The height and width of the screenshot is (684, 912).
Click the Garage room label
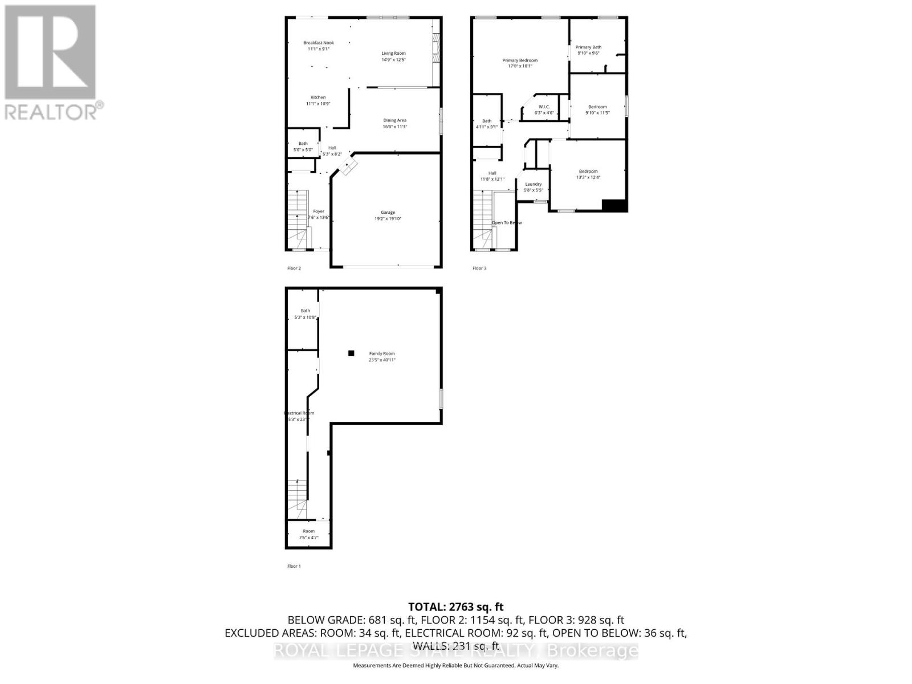click(388, 213)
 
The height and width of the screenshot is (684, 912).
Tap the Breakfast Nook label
click(319, 43)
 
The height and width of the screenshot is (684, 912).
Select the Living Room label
click(393, 54)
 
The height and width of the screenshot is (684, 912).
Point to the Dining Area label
click(394, 120)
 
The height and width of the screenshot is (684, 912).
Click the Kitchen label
click(318, 97)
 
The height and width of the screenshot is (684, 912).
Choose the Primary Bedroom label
click(520, 60)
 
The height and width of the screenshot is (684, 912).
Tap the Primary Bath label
click(588, 47)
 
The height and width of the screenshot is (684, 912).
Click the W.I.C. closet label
click(544, 107)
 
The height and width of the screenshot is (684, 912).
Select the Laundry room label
click(534, 184)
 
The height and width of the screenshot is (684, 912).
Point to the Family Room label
click(381, 353)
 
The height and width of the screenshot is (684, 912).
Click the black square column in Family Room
click(352, 353)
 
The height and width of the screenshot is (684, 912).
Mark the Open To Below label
click(507, 222)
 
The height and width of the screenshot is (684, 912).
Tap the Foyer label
click(319, 211)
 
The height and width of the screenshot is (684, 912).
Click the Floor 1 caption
click(294, 566)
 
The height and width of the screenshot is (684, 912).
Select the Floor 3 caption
click(479, 268)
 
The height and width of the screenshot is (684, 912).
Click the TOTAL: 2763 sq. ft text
click(455, 607)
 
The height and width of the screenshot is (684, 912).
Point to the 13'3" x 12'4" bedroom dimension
click(588, 177)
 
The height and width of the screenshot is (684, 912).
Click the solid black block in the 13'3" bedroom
click(614, 205)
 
